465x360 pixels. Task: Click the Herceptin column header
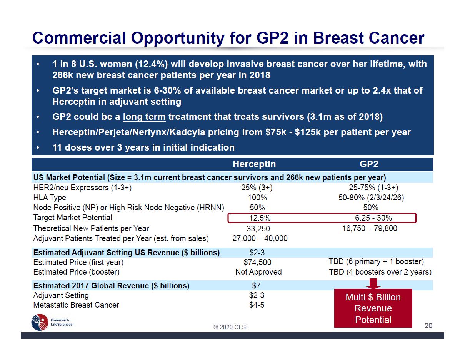point(254,164)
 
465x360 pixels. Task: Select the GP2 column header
point(369,164)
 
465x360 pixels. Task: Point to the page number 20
point(428,326)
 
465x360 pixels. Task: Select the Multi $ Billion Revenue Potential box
point(373,308)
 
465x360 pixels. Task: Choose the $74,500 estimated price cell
point(257,262)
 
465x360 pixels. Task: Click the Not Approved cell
point(258,272)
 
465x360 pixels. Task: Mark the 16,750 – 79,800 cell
point(370,228)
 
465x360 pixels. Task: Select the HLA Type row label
point(50,198)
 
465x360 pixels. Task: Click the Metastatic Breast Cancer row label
point(76,305)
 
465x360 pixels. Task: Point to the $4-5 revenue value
point(257,305)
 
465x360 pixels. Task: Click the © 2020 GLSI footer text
point(231,327)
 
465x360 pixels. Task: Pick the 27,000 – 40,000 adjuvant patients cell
point(260,238)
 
